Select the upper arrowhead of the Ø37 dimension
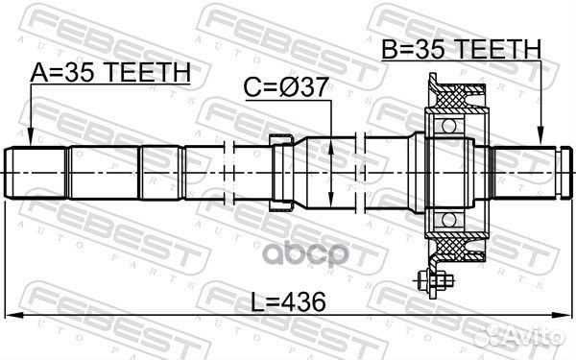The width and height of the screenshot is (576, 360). click(330, 140)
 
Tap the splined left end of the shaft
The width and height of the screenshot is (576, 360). click(38, 173)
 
